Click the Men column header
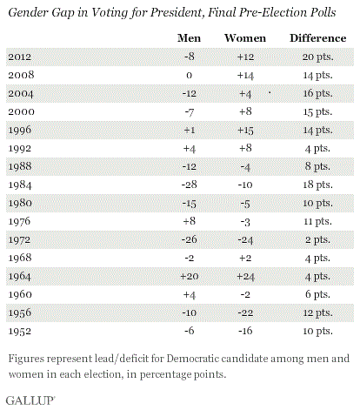click(189, 38)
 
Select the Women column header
click(245, 38)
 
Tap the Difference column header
click(318, 38)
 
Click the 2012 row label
click(19, 57)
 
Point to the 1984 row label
click(20, 185)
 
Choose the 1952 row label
click(19, 331)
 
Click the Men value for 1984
click(190, 185)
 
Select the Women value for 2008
click(245, 75)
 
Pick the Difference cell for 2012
click(318, 57)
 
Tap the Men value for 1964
click(190, 276)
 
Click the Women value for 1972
click(245, 240)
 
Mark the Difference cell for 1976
click(317, 222)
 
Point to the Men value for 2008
click(189, 76)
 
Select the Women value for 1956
click(245, 313)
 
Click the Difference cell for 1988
click(317, 166)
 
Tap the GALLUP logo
click(30, 400)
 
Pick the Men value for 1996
click(190, 130)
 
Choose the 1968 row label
click(20, 258)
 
